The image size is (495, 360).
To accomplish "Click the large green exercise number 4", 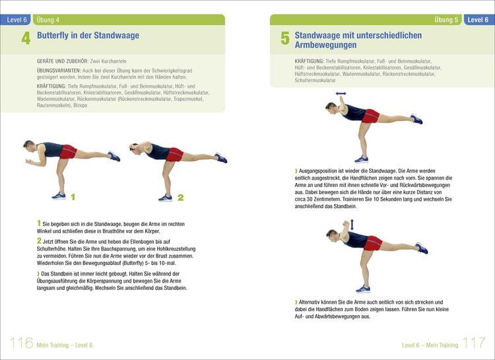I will tap(26, 38).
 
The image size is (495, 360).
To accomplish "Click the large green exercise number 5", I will tap(284, 39).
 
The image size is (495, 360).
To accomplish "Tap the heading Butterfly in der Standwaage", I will tap(88, 36).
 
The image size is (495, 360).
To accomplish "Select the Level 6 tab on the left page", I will tap(16, 20).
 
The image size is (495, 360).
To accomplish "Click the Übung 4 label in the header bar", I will tap(48, 20).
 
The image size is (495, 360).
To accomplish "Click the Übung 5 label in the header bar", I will tap(447, 20).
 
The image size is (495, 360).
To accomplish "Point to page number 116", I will tap(21, 343).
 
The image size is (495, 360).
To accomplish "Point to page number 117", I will tap(474, 343).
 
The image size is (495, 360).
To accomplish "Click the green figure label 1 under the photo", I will tap(73, 196).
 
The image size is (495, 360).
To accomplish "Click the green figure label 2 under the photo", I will tap(180, 197).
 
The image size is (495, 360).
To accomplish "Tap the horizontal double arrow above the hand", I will tap(341, 94).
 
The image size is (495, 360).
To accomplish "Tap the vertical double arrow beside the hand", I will tap(352, 225).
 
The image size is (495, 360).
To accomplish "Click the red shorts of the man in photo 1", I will tap(67, 152).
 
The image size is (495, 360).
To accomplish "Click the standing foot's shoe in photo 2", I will tap(165, 197).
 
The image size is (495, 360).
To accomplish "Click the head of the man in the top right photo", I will tap(331, 107).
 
